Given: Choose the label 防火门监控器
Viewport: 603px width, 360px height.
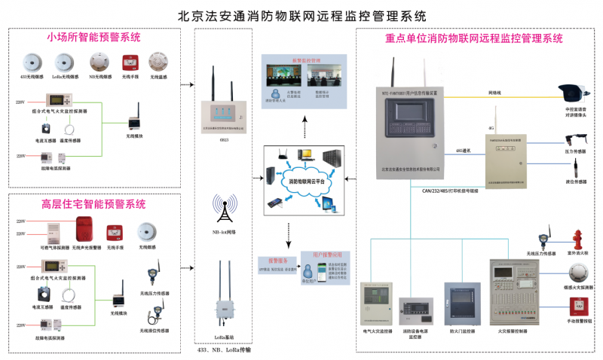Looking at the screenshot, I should click(461, 330).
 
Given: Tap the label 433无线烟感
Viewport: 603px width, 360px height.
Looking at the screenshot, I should click(32, 77).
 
